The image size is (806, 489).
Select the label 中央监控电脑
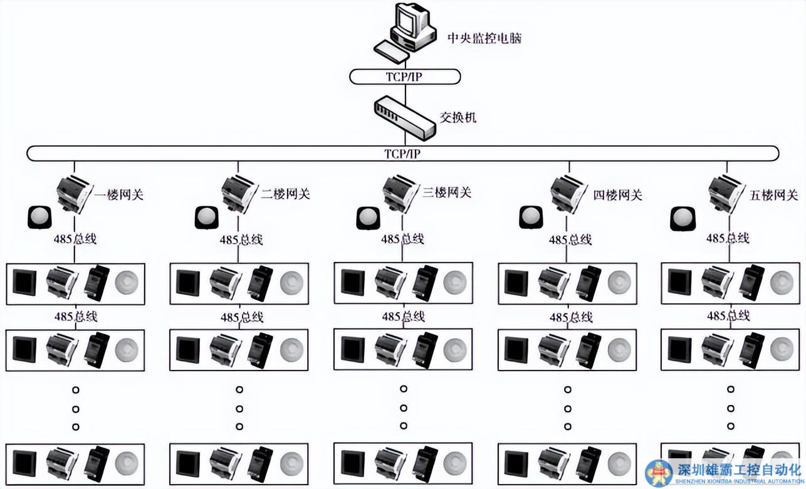click(x=484, y=38)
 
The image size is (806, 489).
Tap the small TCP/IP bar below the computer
click(x=405, y=76)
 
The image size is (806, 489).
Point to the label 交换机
click(x=458, y=117)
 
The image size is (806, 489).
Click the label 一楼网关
click(x=119, y=194)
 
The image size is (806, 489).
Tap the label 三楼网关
click(x=446, y=193)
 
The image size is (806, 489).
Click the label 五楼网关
click(x=774, y=195)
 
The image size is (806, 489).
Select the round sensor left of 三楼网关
click(x=368, y=218)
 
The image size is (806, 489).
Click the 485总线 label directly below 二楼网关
click(x=241, y=239)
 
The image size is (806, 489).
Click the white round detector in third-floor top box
click(x=455, y=283)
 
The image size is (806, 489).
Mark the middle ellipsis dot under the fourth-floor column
click(x=568, y=408)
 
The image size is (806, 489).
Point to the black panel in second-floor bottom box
click(x=188, y=464)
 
